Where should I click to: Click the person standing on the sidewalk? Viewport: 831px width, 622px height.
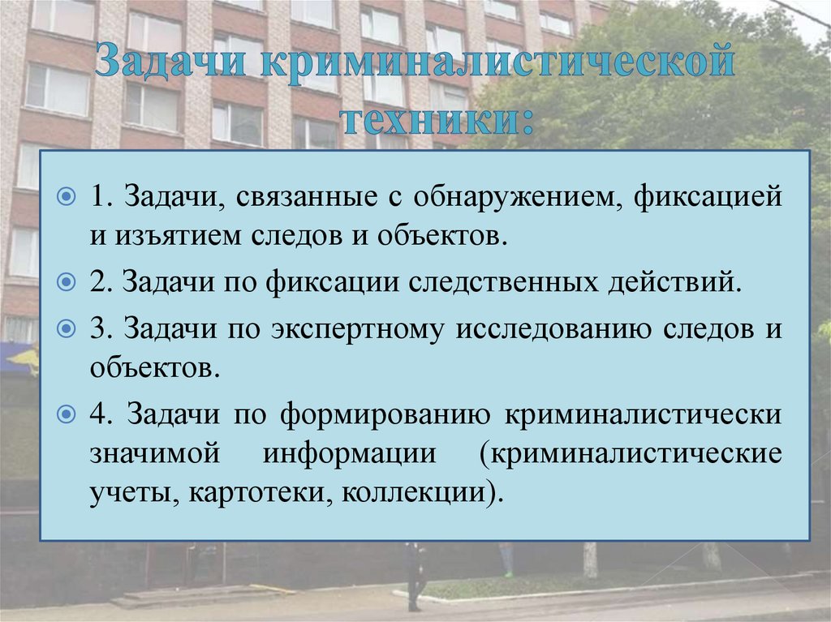point(415,575)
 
